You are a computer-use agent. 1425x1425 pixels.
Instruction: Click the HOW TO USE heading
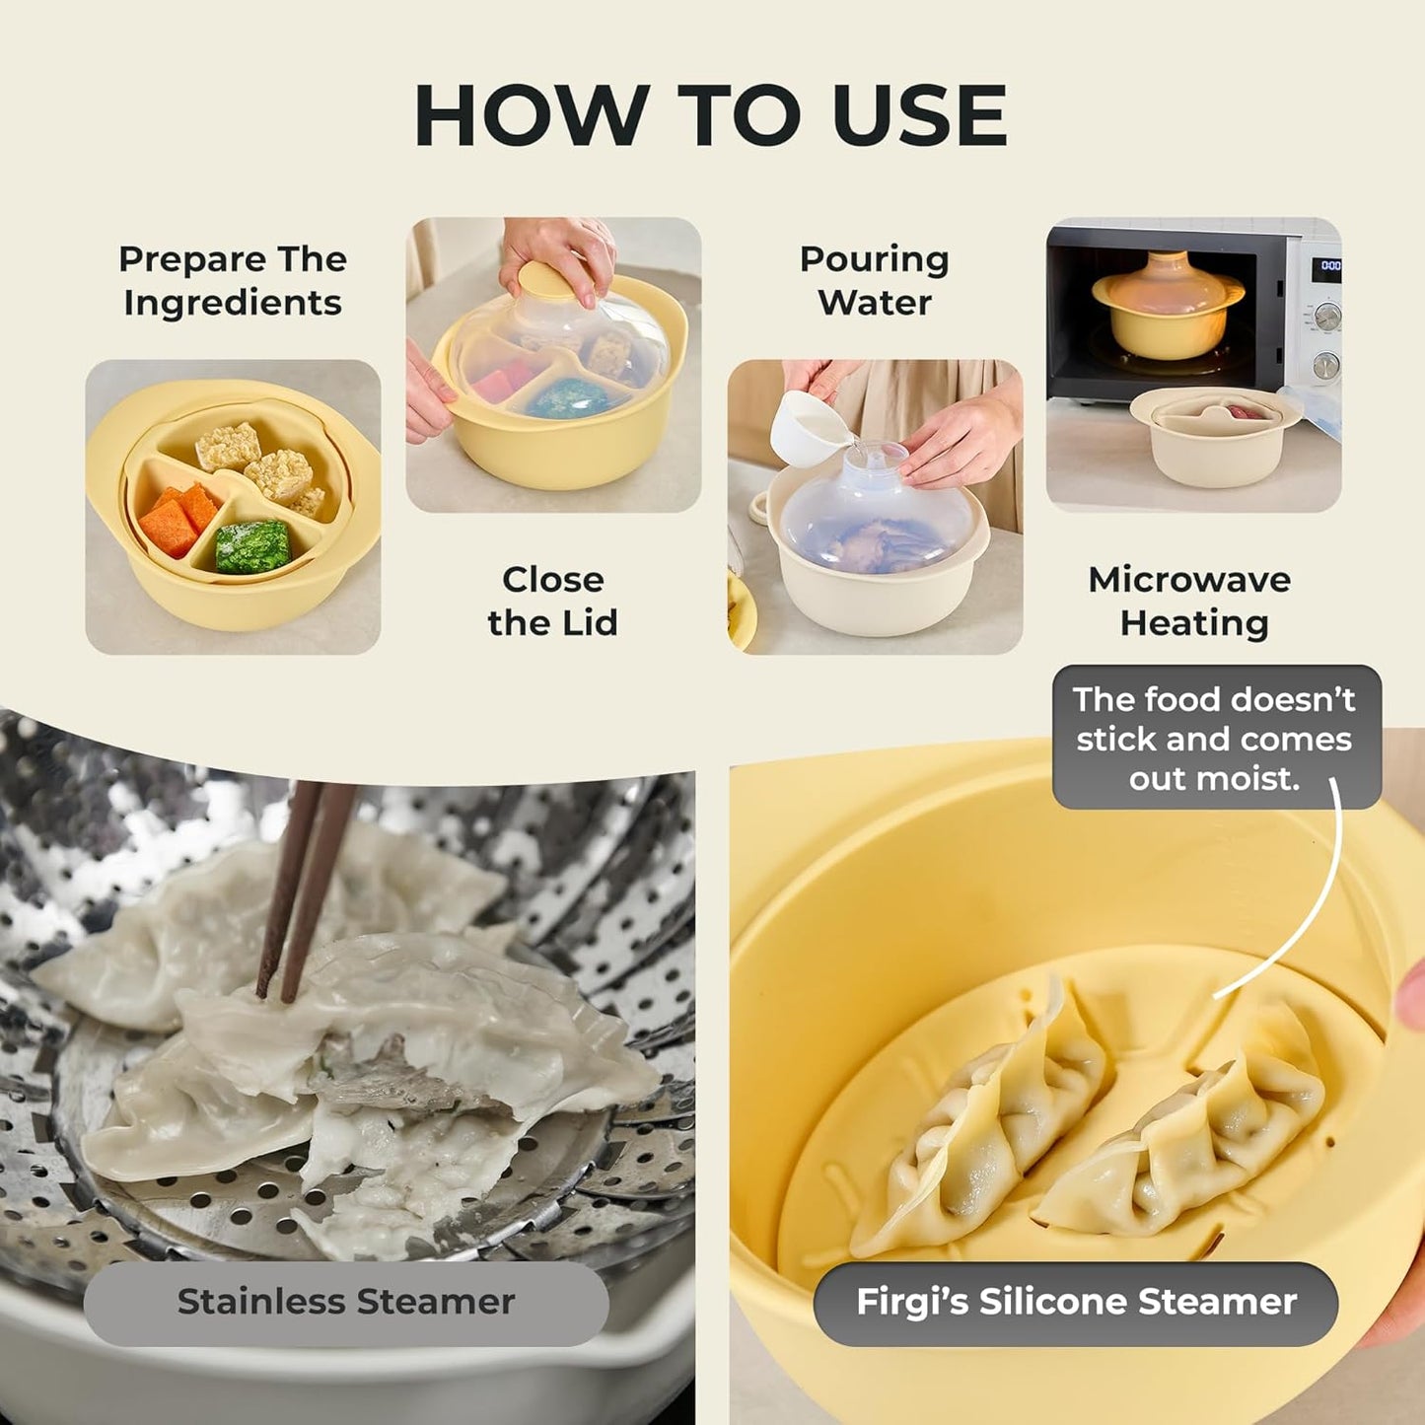point(711,115)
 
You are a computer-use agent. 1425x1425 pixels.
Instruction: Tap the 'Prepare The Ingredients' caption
point(233,281)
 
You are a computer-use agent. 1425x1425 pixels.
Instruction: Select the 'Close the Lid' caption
point(552,601)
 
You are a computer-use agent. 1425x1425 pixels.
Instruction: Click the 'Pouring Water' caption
point(874,281)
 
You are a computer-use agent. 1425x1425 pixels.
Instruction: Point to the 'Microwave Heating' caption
point(1191,601)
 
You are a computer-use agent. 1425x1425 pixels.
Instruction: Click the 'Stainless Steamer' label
point(346,1302)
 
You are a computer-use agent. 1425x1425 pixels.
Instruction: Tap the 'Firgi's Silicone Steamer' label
point(1076,1302)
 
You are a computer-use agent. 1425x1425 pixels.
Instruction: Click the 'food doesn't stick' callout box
point(1215,738)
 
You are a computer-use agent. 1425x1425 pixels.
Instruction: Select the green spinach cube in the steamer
point(252,545)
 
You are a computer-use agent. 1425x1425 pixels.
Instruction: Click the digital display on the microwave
point(1330,265)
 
